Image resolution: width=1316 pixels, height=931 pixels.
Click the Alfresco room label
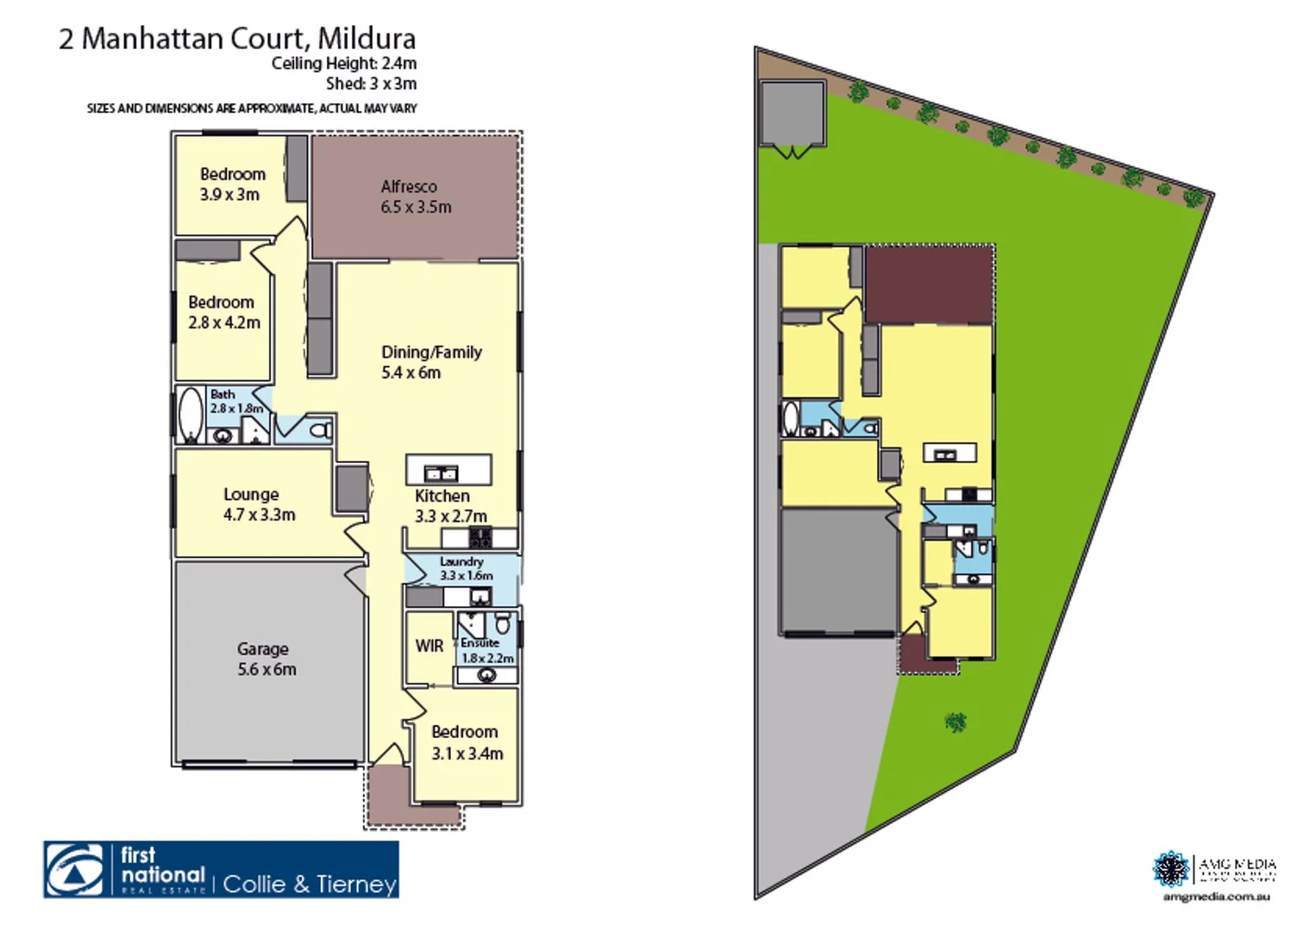416,197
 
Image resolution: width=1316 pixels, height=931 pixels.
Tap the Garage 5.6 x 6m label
266,659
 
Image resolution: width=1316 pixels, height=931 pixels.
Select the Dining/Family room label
430,362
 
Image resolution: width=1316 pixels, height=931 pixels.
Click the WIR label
429,646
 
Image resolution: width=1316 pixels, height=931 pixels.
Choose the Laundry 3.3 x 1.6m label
464,569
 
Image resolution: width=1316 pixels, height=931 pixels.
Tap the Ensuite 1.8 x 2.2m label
486,651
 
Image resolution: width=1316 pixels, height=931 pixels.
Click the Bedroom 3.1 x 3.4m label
467,742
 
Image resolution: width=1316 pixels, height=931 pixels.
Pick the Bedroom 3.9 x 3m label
231,184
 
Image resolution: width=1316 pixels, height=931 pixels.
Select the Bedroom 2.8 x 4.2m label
223,312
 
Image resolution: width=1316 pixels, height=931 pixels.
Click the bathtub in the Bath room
191,415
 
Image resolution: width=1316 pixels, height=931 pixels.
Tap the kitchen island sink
441,472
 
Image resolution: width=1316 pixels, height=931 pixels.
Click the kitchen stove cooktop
479,539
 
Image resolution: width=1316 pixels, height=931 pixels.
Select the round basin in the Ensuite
486,675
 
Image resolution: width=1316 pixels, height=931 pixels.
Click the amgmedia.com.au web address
1216,897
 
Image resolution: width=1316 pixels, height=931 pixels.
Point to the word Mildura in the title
367,39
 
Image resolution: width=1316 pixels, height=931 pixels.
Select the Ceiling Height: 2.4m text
344,64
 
